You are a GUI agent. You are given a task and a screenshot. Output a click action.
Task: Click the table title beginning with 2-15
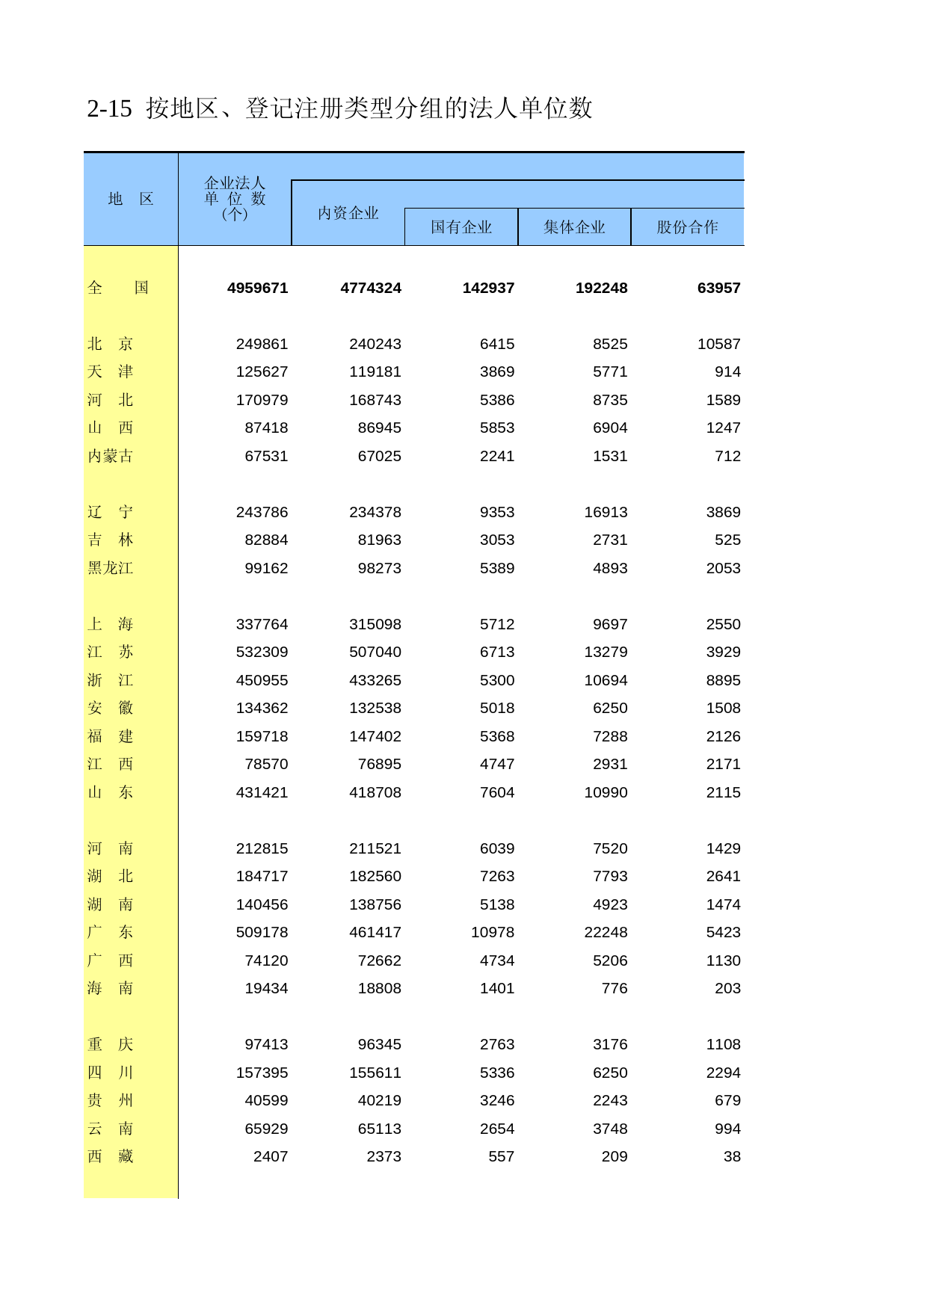pos(339,109)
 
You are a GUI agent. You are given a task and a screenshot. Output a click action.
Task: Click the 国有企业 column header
pos(461,227)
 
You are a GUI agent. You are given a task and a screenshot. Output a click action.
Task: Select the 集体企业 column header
pos(574,227)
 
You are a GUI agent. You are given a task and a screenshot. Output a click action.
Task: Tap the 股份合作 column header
pos(687,227)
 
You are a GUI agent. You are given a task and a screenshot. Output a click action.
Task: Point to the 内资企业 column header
pos(348,214)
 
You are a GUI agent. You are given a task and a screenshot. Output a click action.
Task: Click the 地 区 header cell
pos(131,199)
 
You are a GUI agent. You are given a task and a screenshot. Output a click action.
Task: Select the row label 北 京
pos(110,344)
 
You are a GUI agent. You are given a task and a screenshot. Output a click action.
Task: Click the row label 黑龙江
pos(110,568)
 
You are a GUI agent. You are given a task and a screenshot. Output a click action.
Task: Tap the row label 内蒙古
pos(110,456)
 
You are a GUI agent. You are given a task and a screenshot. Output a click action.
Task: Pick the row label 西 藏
pos(110,1156)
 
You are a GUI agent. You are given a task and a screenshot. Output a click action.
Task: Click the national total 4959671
pos(257,289)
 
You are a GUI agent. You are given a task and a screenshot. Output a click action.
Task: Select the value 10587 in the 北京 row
pos(718,344)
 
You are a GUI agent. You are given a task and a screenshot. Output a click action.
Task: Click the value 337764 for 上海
pos(262,624)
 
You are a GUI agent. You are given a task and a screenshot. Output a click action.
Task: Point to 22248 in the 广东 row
pos(606,932)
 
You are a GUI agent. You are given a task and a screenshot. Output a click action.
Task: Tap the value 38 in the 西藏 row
pos(732,1156)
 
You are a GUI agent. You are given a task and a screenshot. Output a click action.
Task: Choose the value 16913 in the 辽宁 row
pos(606,512)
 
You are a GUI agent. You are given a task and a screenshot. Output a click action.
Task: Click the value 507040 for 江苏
pos(375,652)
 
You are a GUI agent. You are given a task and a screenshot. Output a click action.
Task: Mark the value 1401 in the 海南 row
pos(496,988)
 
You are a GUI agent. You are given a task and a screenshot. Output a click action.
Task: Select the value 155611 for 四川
pos(375,1073)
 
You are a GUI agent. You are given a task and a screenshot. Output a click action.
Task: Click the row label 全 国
pos(118,289)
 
